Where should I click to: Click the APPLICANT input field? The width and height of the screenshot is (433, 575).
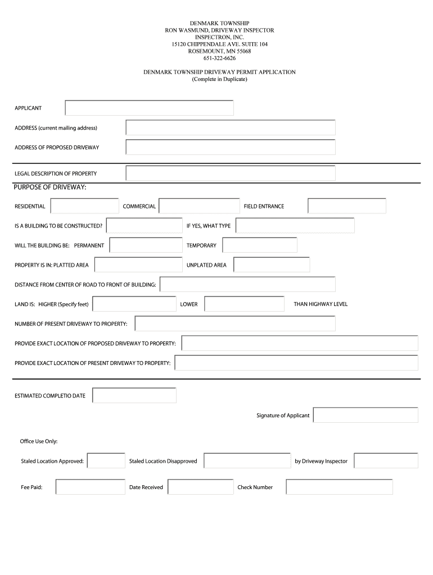click(149, 108)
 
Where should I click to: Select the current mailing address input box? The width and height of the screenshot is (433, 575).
click(231, 127)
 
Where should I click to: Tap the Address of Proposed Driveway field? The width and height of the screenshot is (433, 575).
click(231, 147)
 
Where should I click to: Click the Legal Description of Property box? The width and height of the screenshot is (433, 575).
click(231, 173)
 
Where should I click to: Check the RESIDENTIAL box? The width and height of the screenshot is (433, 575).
click(84, 206)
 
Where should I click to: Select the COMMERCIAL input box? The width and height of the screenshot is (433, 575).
click(199, 206)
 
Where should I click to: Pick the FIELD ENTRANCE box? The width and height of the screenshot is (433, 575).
click(346, 206)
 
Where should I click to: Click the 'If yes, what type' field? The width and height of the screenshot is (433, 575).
click(295, 226)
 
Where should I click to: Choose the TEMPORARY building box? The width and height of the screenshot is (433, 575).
click(259, 245)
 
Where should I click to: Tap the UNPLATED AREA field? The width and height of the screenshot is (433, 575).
click(271, 265)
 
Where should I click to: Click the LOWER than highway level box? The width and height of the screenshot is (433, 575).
click(244, 304)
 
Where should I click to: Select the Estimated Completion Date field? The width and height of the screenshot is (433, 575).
click(134, 395)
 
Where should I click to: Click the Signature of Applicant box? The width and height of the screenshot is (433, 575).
click(366, 415)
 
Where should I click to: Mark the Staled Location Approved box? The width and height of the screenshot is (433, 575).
click(106, 461)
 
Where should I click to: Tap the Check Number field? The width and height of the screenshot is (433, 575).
click(339, 487)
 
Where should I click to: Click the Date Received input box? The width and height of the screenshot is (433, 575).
click(200, 487)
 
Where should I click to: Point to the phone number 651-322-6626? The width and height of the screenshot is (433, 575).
click(219, 58)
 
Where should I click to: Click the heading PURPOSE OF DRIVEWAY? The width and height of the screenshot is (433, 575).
click(50, 187)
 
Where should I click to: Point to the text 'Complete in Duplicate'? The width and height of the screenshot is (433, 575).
click(219, 79)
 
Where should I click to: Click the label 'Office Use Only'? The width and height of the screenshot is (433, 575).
click(39, 441)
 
